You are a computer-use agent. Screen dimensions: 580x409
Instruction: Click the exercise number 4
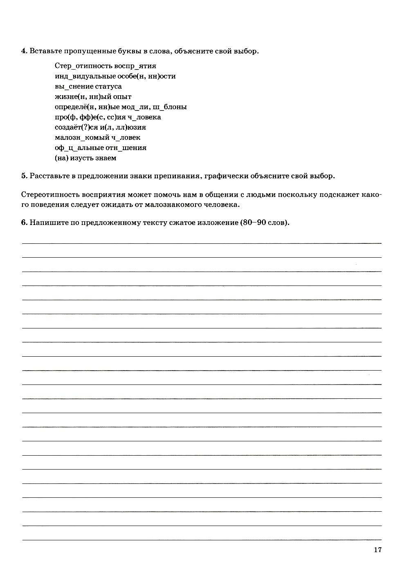click(x=24, y=52)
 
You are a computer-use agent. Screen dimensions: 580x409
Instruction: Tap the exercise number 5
click(x=24, y=176)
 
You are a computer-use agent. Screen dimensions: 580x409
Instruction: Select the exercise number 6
click(x=24, y=223)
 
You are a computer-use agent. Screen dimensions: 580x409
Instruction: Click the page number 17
click(x=377, y=550)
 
